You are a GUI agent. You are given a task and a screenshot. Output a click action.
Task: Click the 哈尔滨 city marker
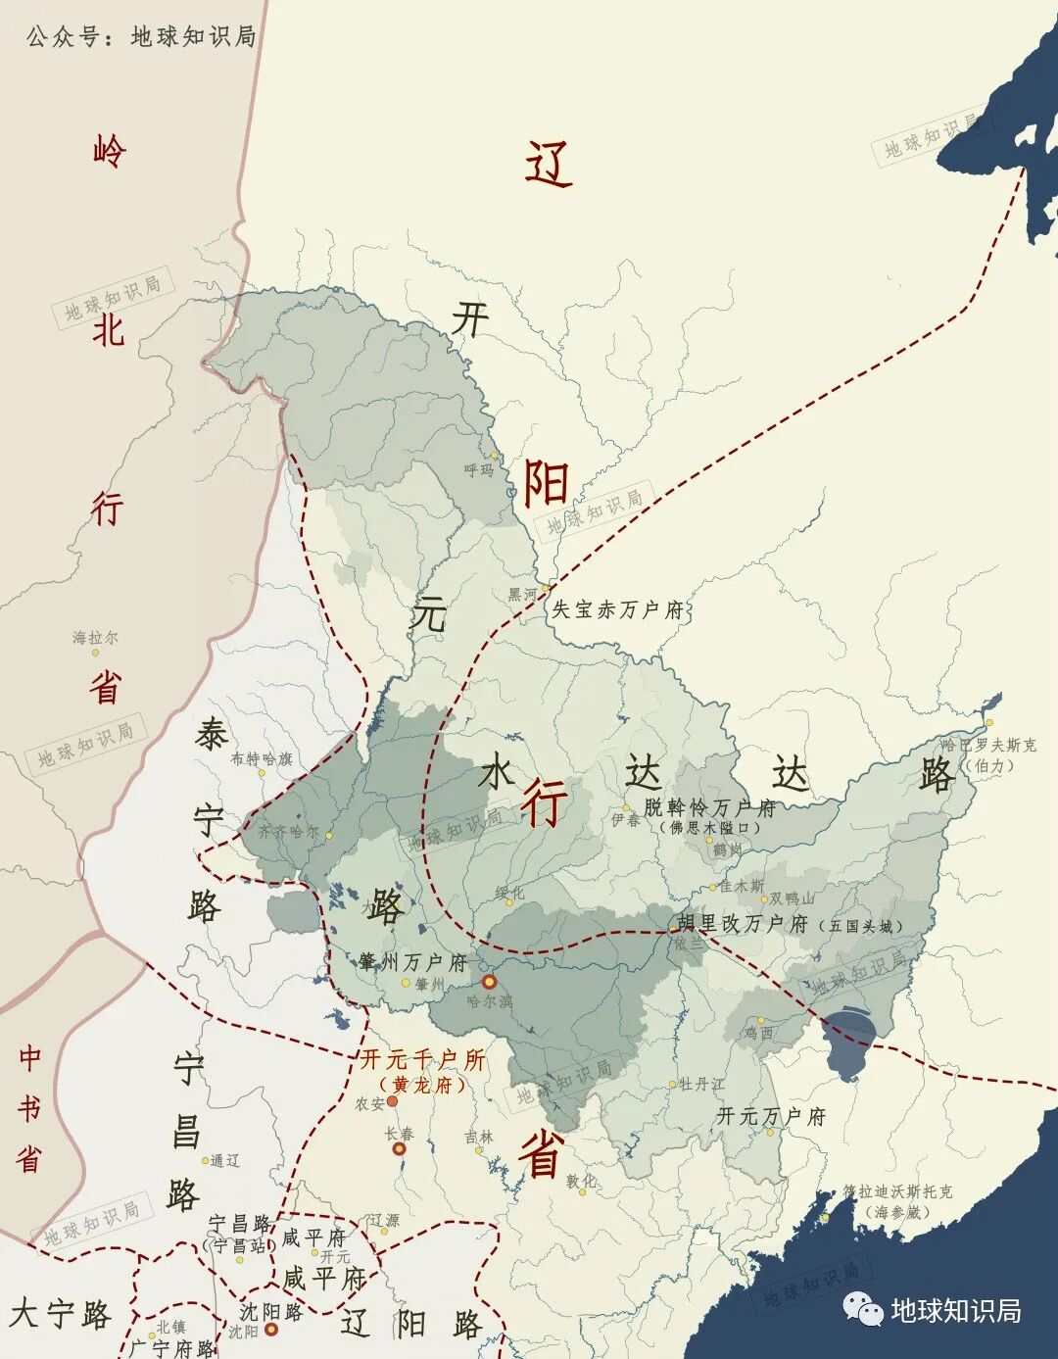(488, 982)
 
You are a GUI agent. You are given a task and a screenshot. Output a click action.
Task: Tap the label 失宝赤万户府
(617, 609)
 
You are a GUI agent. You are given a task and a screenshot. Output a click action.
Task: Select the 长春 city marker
(399, 1147)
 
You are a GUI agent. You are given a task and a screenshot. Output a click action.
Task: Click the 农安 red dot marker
(392, 1101)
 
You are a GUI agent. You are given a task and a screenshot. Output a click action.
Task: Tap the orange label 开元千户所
(422, 1059)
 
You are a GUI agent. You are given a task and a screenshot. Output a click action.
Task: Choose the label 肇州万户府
(412, 962)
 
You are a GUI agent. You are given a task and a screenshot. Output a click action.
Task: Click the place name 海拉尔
(95, 638)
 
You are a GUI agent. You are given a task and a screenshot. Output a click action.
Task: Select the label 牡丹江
(701, 1084)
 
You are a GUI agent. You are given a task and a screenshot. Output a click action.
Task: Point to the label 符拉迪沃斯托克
(897, 1192)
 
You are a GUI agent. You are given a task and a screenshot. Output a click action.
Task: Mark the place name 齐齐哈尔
(288, 831)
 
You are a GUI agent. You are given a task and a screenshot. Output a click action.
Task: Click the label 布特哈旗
(261, 758)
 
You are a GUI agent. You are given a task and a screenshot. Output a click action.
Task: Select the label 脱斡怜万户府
(709, 808)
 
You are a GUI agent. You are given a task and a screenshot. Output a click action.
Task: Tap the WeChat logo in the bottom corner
(863, 1308)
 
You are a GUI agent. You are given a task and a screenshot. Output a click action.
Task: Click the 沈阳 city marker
(271, 1330)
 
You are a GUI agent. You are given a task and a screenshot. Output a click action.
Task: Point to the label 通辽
(225, 1160)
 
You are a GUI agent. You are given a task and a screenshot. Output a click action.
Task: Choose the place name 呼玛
(479, 470)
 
